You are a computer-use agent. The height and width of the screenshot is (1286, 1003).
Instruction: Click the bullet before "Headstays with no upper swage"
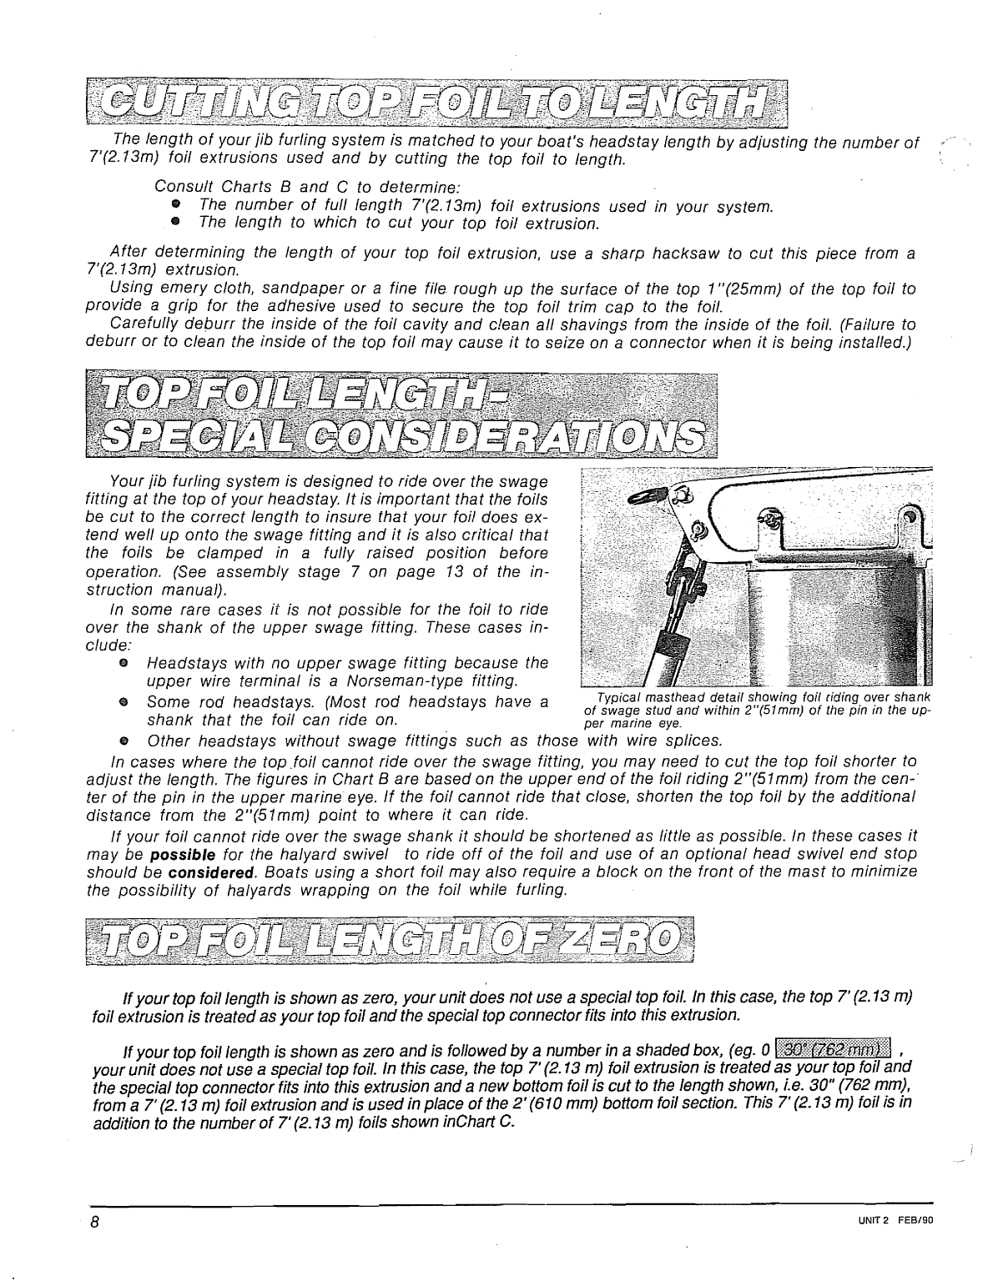pos(123,663)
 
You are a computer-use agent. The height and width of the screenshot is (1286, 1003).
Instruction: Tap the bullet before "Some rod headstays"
pos(123,702)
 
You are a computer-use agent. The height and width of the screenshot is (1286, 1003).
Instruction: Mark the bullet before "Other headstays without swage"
pos(123,741)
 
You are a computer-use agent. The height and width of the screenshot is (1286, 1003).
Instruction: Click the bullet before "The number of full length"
pos(176,206)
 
